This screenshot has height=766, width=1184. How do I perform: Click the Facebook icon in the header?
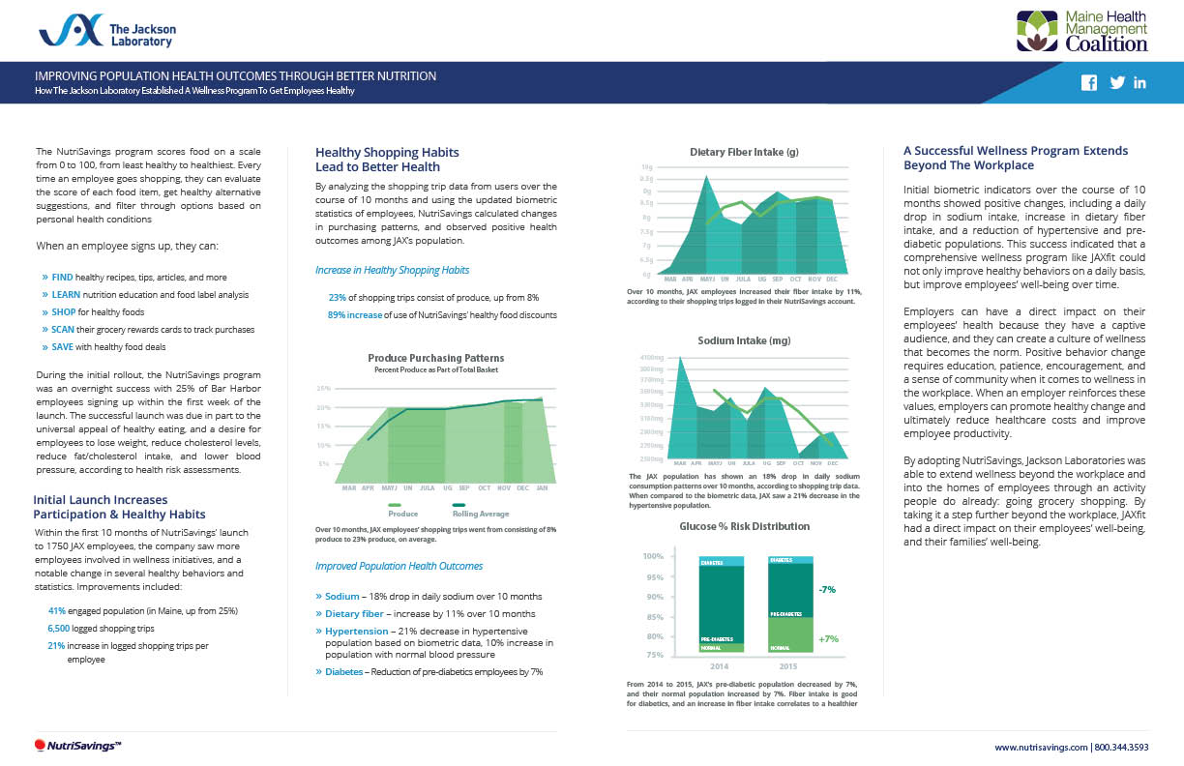[1088, 83]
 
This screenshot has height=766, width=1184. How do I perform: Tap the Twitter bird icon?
[1117, 83]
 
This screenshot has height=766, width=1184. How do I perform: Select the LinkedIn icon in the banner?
[1140, 83]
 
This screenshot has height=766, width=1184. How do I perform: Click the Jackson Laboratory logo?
[105, 31]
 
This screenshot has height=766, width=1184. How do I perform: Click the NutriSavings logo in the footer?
[76, 745]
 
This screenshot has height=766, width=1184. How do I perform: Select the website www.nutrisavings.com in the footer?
[1041, 747]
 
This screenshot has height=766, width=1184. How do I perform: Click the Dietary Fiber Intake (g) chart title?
[744, 152]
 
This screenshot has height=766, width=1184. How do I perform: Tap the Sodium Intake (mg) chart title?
[744, 340]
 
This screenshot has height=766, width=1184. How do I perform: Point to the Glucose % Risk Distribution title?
[744, 526]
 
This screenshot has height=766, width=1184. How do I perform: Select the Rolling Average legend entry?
[480, 514]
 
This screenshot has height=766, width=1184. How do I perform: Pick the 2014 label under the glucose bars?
[719, 666]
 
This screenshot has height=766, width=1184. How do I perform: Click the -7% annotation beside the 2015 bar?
[827, 588]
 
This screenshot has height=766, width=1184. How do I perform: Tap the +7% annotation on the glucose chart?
[827, 638]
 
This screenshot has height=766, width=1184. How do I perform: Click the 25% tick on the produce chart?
[325, 388]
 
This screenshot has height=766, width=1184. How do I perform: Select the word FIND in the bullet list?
[62, 277]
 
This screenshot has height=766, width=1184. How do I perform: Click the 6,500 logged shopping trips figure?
[61, 628]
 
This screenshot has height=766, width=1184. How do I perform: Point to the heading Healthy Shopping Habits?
[387, 153]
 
